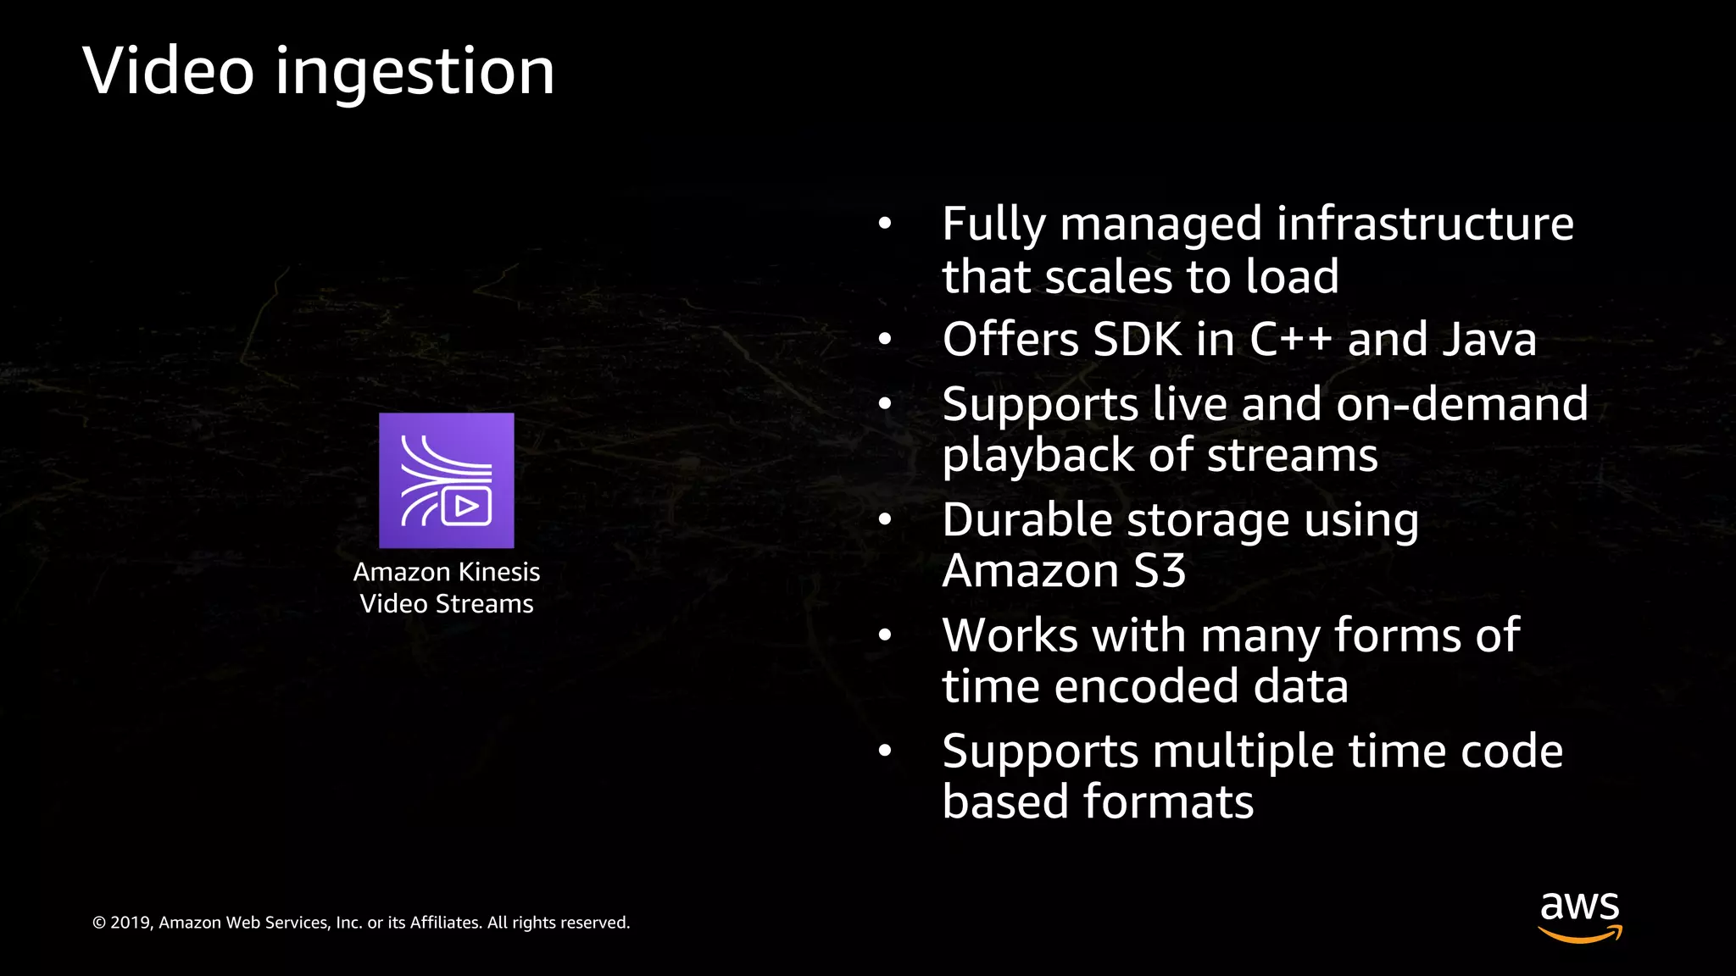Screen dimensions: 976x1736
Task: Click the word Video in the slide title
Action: coord(169,71)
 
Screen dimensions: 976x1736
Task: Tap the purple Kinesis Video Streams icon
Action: coord(446,480)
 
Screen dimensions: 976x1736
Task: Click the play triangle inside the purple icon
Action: coord(466,507)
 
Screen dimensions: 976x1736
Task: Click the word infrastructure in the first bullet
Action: coord(1425,225)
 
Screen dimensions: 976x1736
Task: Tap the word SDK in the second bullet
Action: coord(1137,340)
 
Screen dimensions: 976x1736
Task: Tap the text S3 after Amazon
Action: coord(1160,571)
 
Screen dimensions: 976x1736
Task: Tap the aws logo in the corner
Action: coord(1580,917)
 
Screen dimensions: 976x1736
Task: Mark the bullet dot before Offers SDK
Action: coord(885,340)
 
